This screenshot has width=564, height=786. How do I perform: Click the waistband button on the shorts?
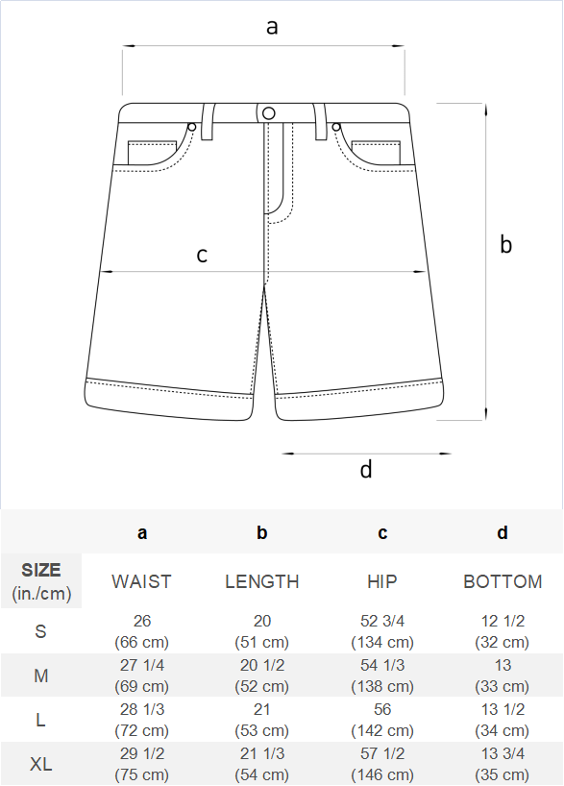click(269, 113)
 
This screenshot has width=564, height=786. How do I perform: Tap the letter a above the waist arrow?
click(271, 27)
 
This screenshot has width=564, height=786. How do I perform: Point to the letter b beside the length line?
click(505, 244)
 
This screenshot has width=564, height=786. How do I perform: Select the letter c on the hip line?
click(202, 256)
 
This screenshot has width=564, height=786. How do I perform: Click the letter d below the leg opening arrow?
click(366, 469)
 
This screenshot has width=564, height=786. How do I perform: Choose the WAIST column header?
click(141, 581)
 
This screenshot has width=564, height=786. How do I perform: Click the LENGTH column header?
click(261, 581)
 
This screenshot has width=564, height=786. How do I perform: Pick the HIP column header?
click(382, 581)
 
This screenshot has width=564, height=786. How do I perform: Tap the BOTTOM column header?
click(503, 581)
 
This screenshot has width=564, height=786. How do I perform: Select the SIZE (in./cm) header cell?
click(41, 581)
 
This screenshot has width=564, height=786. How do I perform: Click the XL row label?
click(40, 764)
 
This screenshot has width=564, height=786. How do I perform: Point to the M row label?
click(41, 675)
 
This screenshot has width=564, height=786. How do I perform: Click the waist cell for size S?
click(142, 631)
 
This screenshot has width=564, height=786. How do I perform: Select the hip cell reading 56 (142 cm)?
click(382, 720)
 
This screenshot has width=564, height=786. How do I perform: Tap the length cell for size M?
click(261, 675)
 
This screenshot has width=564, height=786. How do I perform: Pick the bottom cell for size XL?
click(503, 764)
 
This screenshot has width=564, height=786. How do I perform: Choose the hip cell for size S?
click(382, 631)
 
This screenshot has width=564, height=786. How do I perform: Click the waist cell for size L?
click(142, 720)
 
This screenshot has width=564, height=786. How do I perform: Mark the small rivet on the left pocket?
click(191, 127)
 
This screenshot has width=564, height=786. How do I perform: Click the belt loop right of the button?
click(320, 121)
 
